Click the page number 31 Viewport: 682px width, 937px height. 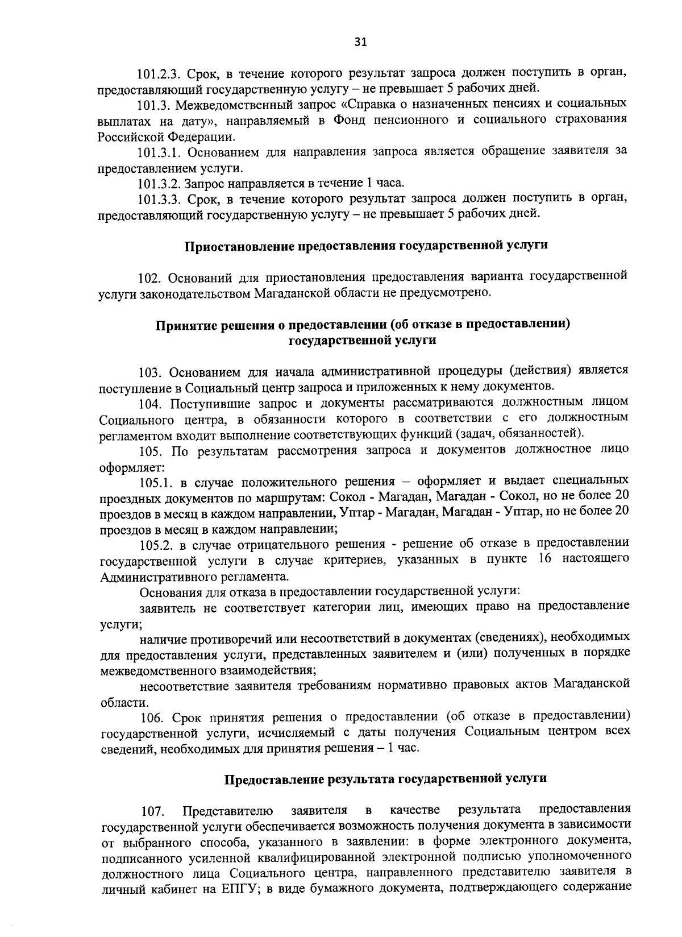pyautogui.click(x=361, y=42)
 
